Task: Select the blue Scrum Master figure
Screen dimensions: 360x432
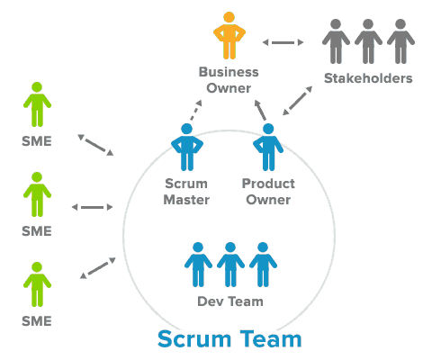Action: (187, 147)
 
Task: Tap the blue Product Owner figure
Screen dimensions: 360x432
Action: (268, 147)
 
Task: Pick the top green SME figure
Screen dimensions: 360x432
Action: (37, 106)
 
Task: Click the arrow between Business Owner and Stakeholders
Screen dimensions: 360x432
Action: (285, 41)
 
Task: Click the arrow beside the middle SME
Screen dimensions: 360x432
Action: (93, 207)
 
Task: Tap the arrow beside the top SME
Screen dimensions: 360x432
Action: (95, 145)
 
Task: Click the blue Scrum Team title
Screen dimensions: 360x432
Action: (229, 340)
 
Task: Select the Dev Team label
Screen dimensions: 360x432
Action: (230, 301)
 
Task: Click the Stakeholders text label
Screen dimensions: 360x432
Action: (367, 79)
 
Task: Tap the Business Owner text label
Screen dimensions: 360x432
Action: (229, 79)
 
